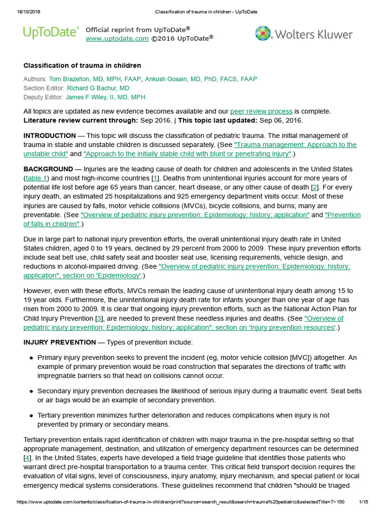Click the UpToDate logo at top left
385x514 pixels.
[51, 33]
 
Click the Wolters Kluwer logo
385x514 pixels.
[303, 34]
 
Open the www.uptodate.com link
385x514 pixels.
[117, 38]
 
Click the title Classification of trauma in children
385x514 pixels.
[82, 66]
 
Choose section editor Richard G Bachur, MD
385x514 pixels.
[98, 88]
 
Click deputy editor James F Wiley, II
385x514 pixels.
[105, 97]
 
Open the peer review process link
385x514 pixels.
[261, 111]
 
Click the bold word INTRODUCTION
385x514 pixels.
[50, 136]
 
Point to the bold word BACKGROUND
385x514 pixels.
[48, 169]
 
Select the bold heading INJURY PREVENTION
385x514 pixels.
[60, 342]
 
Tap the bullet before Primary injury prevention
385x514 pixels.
[31, 358]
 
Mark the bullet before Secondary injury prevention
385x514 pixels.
[31, 391]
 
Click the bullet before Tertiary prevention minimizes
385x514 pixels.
[31, 416]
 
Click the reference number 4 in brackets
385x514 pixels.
[28, 458]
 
